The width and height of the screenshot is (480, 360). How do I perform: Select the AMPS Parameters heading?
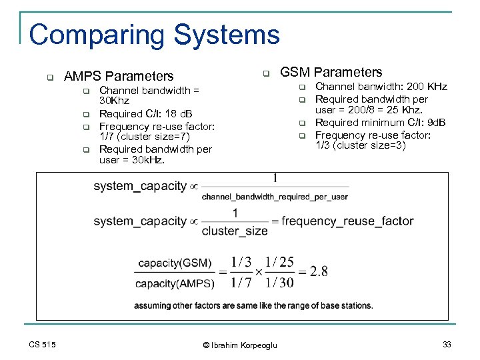118,77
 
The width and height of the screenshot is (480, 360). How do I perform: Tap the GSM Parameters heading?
331,72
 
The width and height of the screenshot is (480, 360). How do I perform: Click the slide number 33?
446,344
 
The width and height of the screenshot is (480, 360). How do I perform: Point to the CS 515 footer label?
43,344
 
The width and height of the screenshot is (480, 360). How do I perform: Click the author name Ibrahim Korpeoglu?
243,345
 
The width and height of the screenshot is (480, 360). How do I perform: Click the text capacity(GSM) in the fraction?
175,263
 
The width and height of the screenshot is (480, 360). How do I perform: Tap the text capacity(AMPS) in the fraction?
175,283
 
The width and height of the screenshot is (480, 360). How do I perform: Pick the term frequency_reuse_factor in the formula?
347,221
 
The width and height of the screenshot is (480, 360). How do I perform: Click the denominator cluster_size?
235,231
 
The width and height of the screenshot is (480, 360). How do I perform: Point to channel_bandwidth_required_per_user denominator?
275,197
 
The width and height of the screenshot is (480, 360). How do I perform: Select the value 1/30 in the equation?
279,282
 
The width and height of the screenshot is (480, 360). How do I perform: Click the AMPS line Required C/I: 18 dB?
145,113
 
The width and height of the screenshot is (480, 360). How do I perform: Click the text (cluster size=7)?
153,137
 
